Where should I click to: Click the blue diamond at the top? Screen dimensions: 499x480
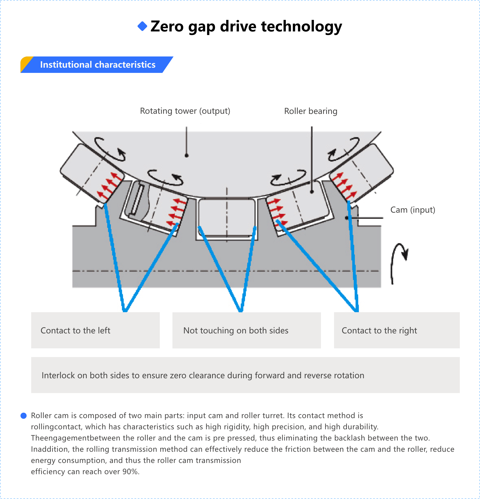point(142,26)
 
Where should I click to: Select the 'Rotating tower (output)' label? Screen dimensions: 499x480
point(185,111)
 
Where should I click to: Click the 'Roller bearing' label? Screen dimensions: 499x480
point(311,111)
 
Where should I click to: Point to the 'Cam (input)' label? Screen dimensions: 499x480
point(412,210)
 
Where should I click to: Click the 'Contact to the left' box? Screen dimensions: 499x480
point(95,330)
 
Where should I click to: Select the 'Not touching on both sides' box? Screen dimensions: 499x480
point(246,330)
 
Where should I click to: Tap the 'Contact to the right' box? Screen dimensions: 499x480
point(396,330)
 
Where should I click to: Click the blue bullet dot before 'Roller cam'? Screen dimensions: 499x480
point(24,416)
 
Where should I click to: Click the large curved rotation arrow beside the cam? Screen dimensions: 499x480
point(399,262)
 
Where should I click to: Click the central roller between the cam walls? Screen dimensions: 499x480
point(227,218)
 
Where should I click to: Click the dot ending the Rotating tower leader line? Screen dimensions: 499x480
point(186,155)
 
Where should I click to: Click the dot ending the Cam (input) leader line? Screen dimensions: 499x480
point(347,218)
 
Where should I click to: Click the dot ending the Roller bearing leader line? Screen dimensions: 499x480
point(312,192)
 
